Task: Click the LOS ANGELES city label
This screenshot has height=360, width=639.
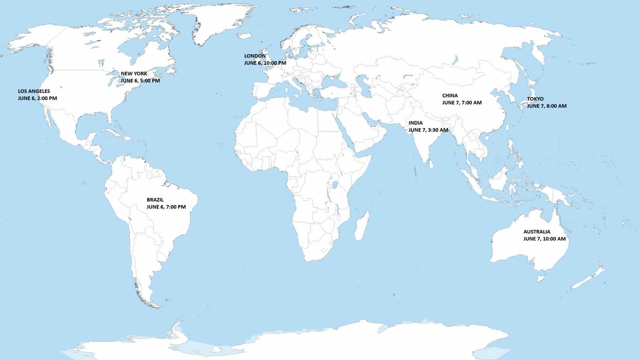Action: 34,91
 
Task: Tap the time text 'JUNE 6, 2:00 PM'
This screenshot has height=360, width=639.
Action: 37,98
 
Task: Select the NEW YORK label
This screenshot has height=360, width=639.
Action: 134,74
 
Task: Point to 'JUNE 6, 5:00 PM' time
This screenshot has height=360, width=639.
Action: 140,81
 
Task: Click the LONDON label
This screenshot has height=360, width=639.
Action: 254,56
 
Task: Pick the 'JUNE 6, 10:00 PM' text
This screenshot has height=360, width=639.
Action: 265,63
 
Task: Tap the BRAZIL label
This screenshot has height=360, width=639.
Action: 155,200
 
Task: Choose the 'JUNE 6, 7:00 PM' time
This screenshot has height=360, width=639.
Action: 166,207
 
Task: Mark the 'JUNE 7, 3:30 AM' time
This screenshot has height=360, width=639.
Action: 428,130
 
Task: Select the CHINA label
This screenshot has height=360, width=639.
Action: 450,96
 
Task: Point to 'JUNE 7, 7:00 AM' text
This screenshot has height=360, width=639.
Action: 462,103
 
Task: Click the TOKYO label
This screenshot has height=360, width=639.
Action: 535,99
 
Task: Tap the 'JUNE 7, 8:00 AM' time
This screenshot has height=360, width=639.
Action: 546,106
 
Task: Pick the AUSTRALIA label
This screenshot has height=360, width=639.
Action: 536,232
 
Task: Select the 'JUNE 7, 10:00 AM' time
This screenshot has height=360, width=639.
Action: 544,239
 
